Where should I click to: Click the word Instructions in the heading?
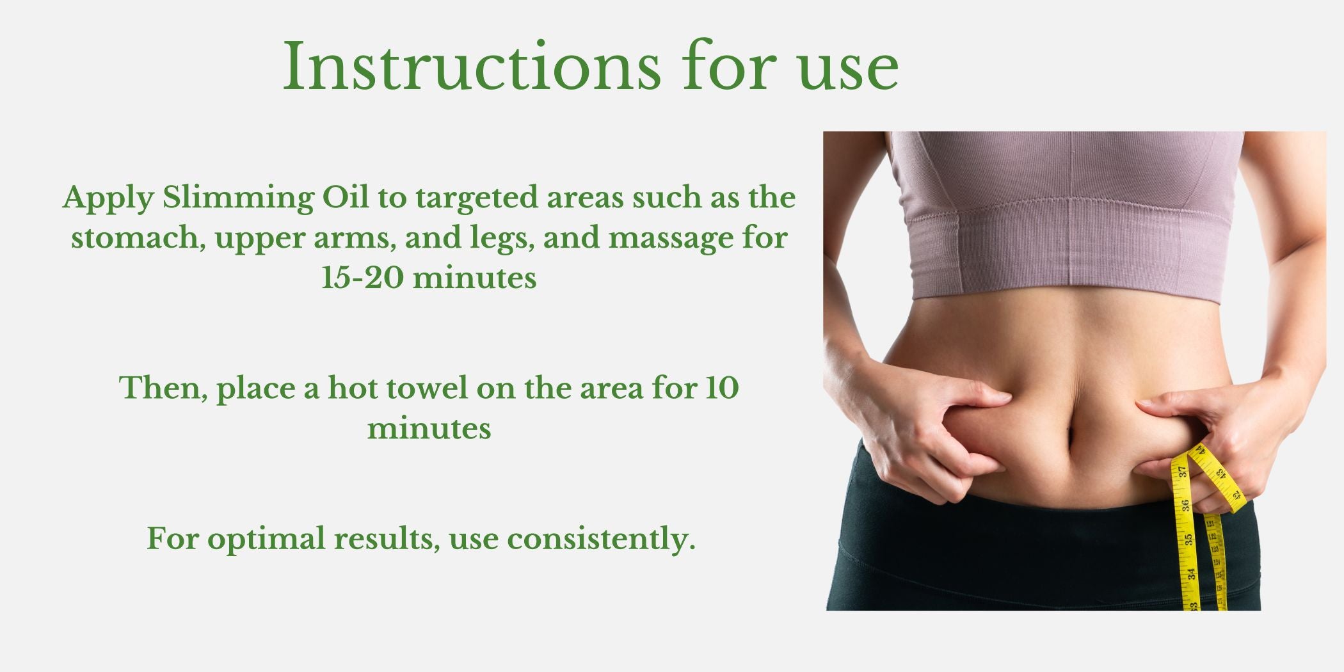(x=472, y=67)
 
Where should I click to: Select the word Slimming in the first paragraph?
(x=238, y=198)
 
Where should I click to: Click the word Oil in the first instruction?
(x=345, y=197)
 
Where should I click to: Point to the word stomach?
(x=138, y=237)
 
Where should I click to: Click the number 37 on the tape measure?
(x=1182, y=472)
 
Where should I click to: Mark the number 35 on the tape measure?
(x=1188, y=540)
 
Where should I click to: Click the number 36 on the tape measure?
(x=1185, y=506)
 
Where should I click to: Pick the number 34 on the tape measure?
(x=1191, y=574)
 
